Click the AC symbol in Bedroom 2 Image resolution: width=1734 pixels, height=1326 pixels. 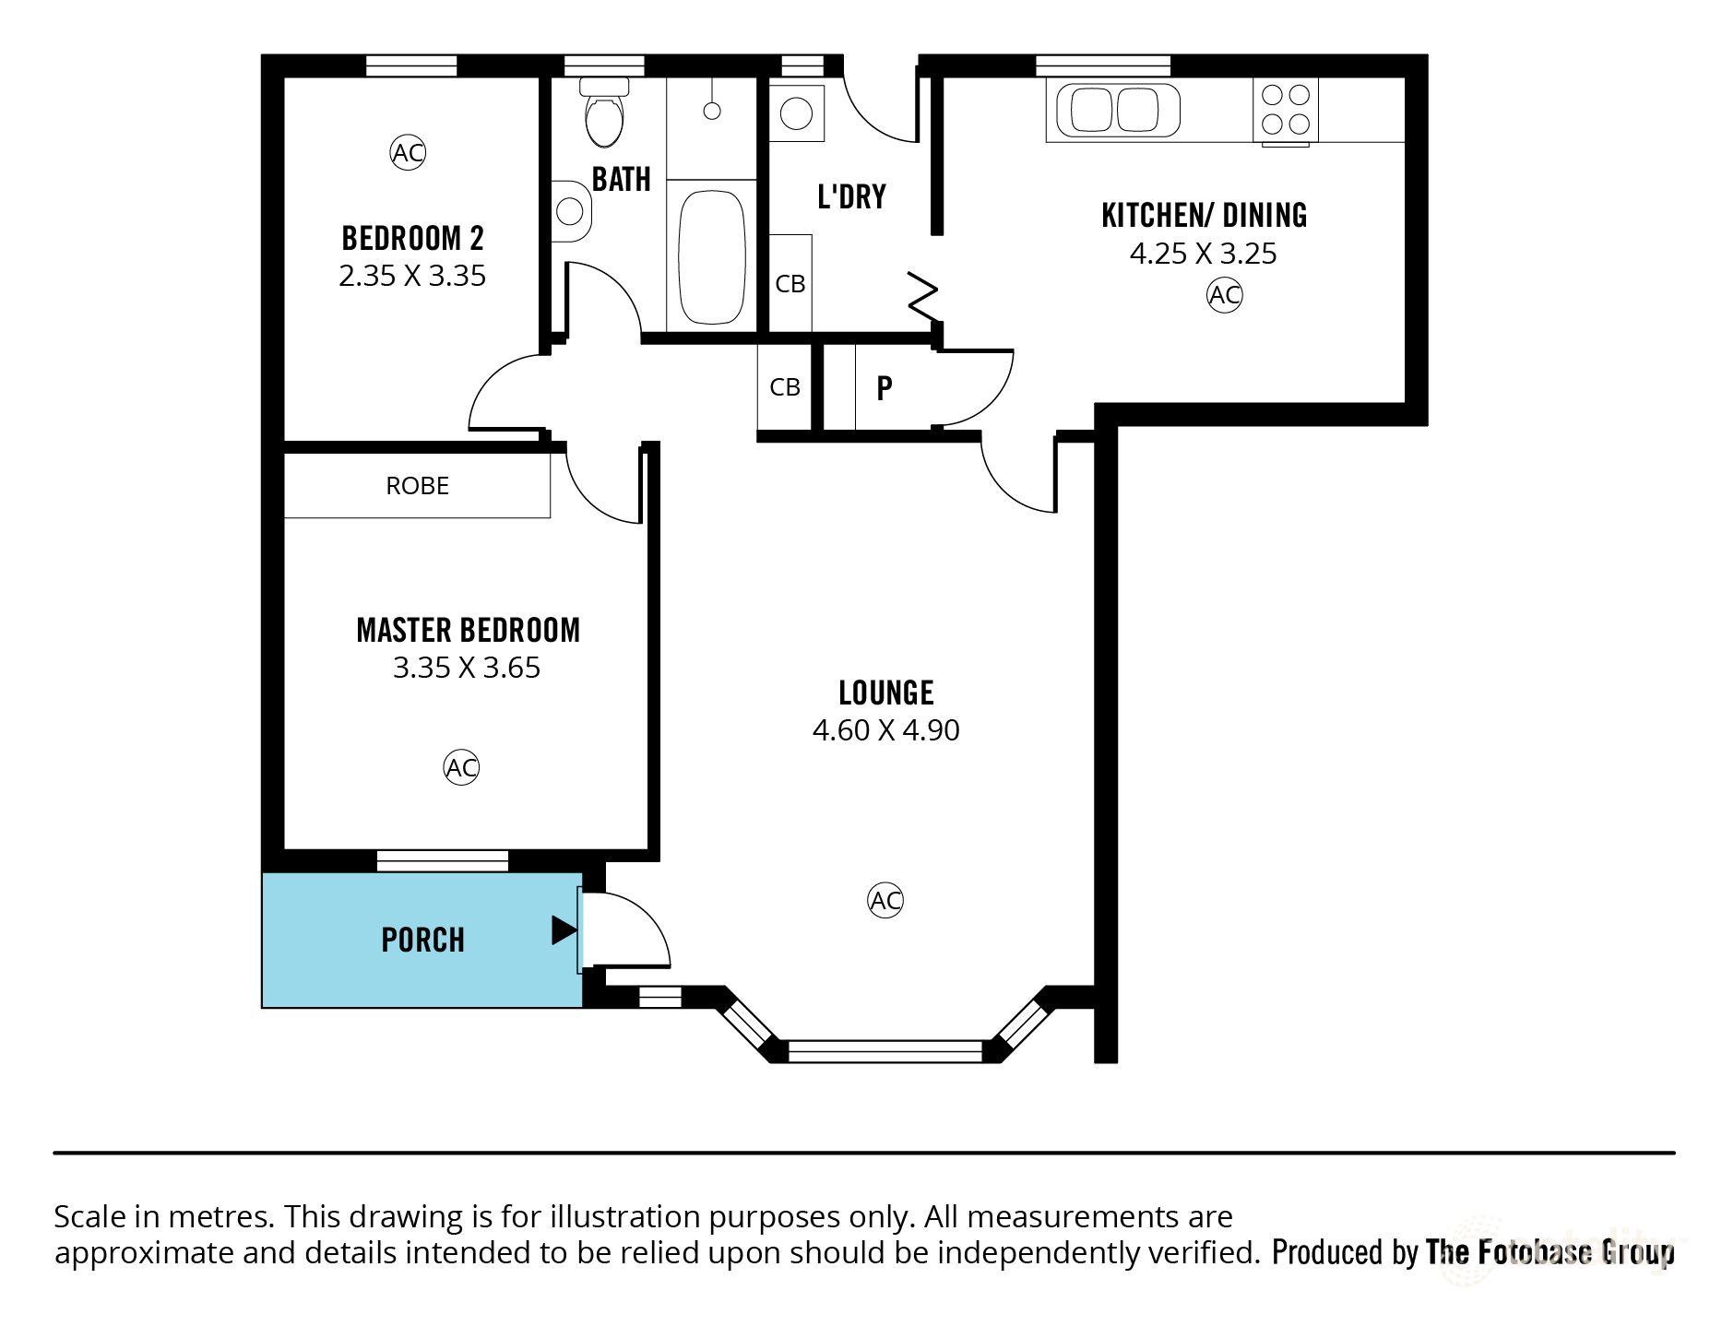click(408, 152)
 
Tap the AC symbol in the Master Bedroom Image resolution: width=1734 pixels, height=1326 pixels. click(461, 767)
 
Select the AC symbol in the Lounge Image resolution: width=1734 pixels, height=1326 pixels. click(885, 900)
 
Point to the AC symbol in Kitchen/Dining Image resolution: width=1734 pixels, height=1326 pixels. click(1224, 295)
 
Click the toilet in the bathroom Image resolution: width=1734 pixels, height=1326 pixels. click(605, 112)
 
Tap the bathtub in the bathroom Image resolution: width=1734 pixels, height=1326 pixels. click(711, 257)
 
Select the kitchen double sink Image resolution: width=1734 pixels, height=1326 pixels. click(1113, 110)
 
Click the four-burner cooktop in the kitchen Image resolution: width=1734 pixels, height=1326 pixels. click(1286, 110)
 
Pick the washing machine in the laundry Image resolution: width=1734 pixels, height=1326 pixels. click(796, 113)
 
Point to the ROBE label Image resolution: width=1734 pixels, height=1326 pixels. click(417, 486)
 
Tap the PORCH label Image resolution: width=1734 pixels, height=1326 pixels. click(423, 940)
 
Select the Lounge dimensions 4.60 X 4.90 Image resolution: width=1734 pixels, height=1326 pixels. click(885, 729)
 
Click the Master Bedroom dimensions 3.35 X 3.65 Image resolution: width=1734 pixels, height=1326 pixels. click(467, 667)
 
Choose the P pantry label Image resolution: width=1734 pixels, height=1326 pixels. click(885, 388)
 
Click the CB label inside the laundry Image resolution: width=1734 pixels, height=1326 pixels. click(790, 284)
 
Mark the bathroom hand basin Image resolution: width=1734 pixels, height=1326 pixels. click(571, 211)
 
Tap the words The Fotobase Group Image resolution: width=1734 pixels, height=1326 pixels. click(1550, 1252)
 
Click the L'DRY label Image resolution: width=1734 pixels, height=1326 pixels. click(851, 196)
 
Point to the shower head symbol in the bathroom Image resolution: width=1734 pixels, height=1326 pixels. click(711, 111)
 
